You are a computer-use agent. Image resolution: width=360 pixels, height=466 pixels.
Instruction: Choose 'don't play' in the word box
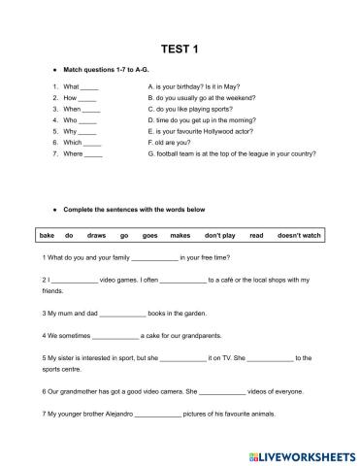219,235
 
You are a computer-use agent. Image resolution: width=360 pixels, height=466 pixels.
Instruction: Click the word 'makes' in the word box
180,235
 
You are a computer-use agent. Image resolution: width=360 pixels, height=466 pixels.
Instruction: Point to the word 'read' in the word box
256,235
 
